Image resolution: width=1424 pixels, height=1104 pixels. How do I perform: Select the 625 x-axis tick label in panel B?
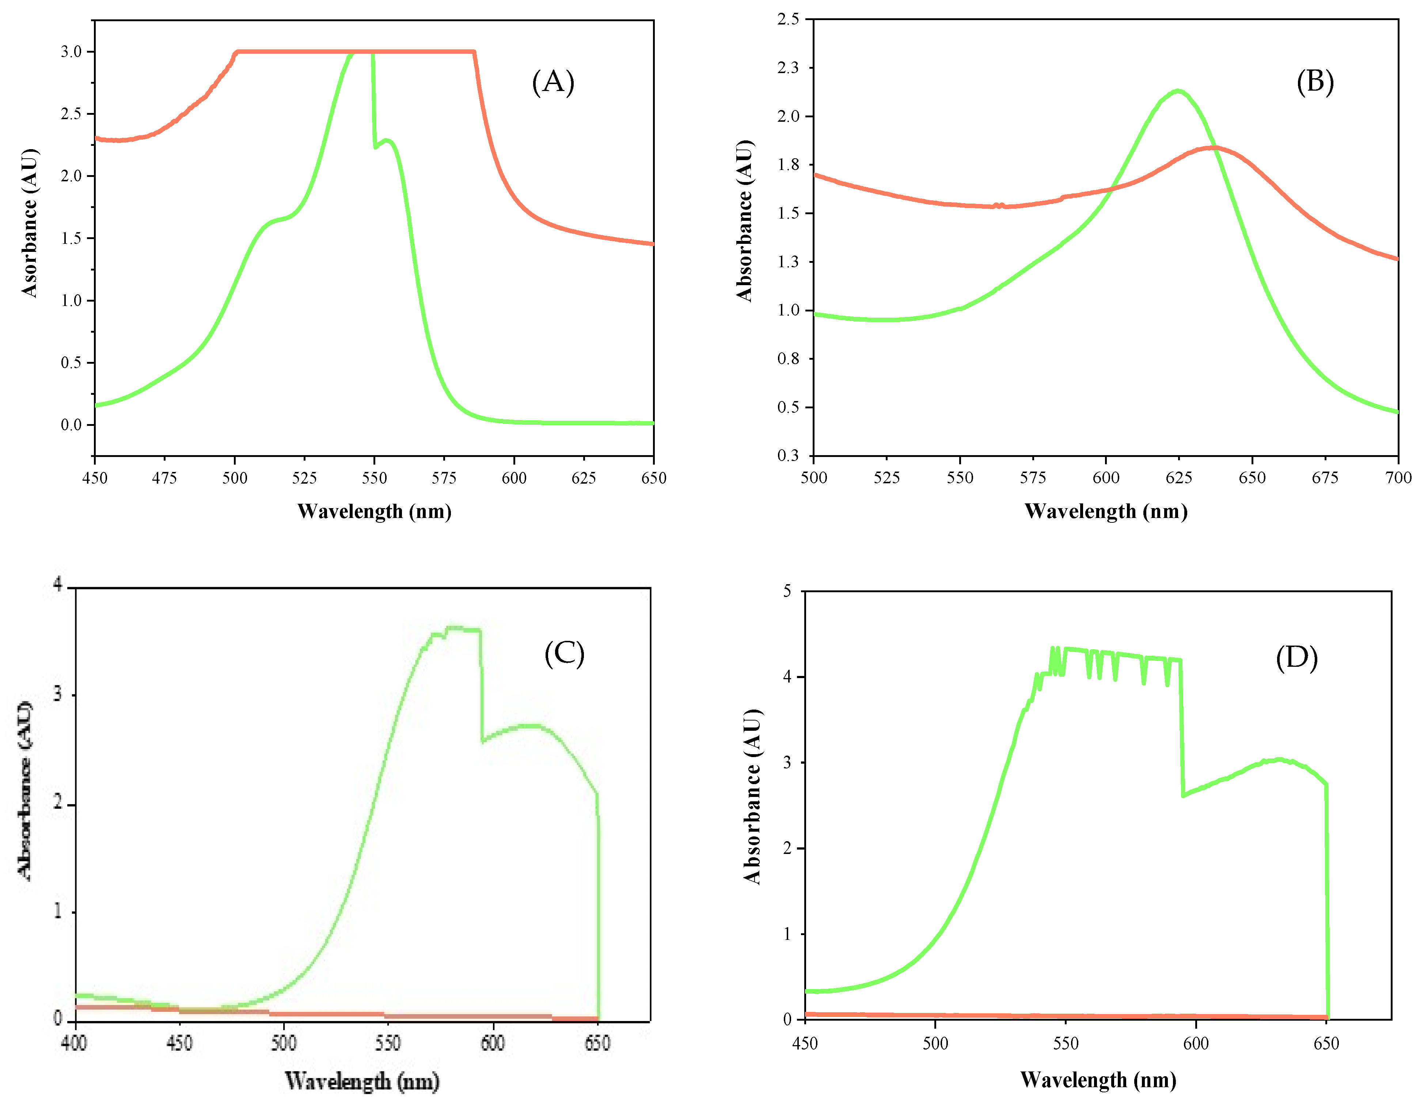pyautogui.click(x=1179, y=478)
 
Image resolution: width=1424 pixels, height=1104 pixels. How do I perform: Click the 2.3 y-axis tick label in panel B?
pyautogui.click(x=787, y=68)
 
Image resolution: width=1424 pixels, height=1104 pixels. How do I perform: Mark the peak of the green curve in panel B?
pyautogui.click(x=1178, y=91)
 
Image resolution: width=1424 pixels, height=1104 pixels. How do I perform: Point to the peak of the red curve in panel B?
pyautogui.click(x=1211, y=147)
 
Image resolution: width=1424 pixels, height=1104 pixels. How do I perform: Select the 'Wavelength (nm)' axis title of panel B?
pyautogui.click(x=1106, y=511)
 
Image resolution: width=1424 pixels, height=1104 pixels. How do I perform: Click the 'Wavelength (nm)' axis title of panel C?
pyautogui.click(x=362, y=1081)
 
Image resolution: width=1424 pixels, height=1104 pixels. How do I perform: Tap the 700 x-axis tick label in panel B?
pyautogui.click(x=1398, y=478)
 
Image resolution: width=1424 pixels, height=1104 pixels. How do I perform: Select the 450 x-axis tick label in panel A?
pyautogui.click(x=95, y=478)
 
